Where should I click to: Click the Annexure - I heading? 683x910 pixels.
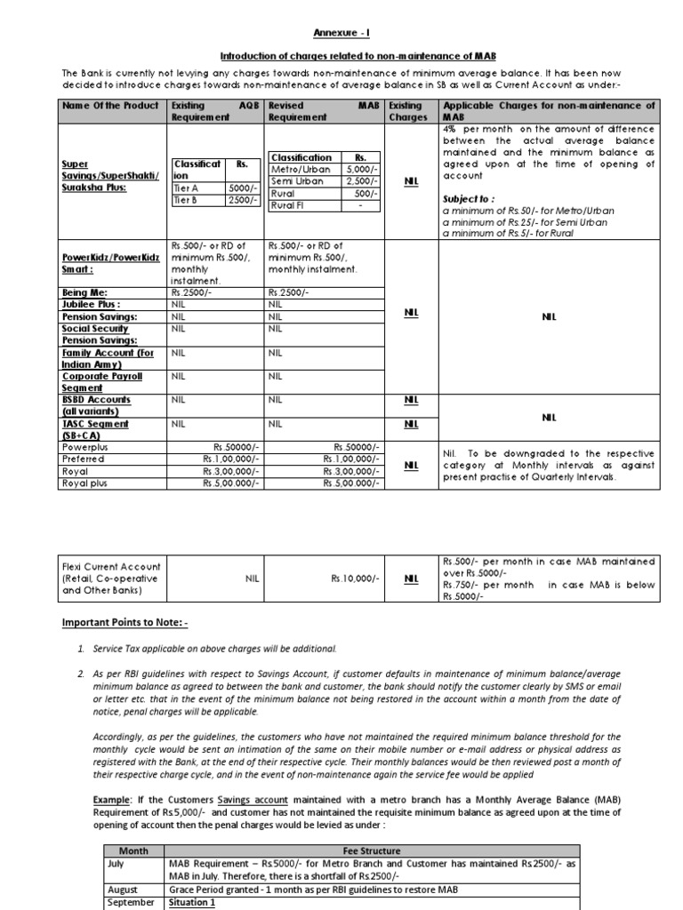coord(341,33)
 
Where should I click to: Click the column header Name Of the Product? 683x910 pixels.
coord(109,105)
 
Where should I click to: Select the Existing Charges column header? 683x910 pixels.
coord(406,110)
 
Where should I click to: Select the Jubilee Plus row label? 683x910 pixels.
coord(91,303)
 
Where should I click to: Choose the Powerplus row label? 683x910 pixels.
coord(85,448)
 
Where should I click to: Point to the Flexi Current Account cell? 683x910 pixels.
coord(111,578)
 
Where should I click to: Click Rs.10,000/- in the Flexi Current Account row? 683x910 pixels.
coord(355,579)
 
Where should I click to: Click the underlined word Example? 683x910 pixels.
coord(111,800)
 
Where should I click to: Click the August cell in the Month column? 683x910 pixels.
coord(123,889)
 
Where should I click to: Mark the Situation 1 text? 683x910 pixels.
coord(192,901)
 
